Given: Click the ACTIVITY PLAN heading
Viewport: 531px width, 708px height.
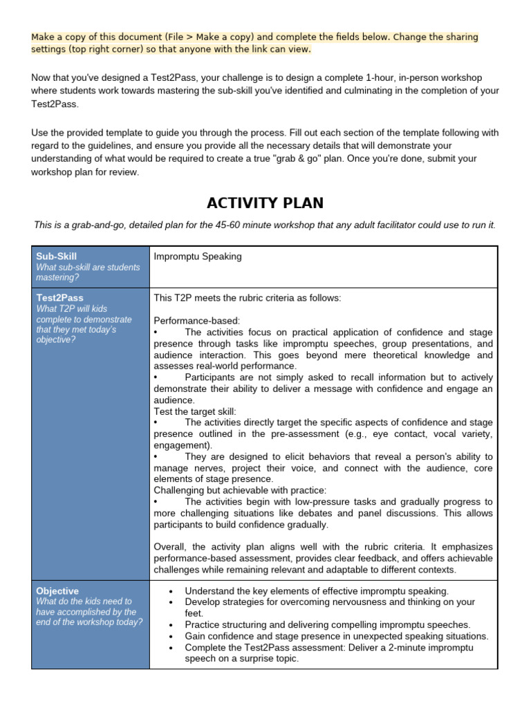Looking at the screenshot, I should tap(265, 203).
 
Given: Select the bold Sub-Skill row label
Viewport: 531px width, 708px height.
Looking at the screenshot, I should tap(56, 257).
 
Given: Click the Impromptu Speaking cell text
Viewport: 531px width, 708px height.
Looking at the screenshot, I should tap(198, 257).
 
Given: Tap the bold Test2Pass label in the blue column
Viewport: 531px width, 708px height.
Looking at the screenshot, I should tap(59, 298).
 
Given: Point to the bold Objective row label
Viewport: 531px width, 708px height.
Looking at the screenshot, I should tap(57, 591).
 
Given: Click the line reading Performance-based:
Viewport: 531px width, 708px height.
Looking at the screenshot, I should tap(197, 321).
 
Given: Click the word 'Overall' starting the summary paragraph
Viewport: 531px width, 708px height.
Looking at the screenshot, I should tap(171, 547).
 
